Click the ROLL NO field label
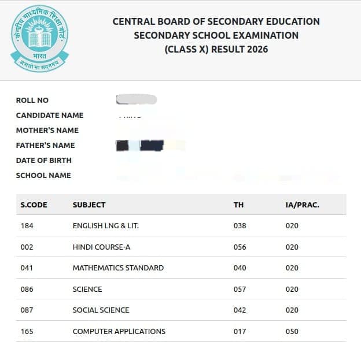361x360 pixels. [32, 101]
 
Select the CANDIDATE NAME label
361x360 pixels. [50, 116]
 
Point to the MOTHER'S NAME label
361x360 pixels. [47, 131]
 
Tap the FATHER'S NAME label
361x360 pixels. [45, 146]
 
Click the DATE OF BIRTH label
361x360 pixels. [44, 161]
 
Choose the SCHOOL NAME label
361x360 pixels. [43, 176]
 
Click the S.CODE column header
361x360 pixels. [34, 205]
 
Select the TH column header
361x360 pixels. [238, 205]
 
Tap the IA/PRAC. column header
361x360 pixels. [302, 205]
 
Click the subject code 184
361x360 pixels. [27, 226]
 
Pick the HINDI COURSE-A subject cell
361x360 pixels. [102, 247]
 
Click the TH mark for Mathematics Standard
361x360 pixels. [240, 268]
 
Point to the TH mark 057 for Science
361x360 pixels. [240, 290]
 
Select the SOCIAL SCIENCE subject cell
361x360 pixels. [101, 310]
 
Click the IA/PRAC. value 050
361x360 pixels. [292, 332]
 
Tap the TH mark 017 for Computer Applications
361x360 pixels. [240, 332]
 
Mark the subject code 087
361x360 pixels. [27, 310]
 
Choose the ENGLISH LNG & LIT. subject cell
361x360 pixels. [106, 226]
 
